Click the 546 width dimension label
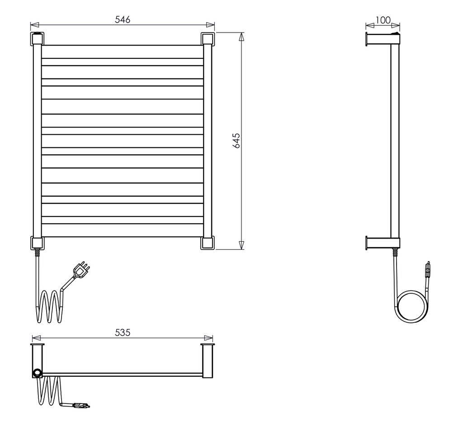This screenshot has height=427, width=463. tap(123, 19)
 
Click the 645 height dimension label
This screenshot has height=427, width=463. tap(236, 141)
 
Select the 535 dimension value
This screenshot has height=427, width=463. tap(123, 333)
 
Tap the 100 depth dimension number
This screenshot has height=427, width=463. tap(383, 20)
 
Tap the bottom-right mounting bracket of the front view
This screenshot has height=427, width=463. tap(207, 243)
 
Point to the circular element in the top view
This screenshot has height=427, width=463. tap(37, 373)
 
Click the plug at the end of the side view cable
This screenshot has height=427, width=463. tap(428, 269)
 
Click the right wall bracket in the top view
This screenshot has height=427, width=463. tap(208, 361)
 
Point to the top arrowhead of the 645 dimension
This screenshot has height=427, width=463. tap(241, 37)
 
